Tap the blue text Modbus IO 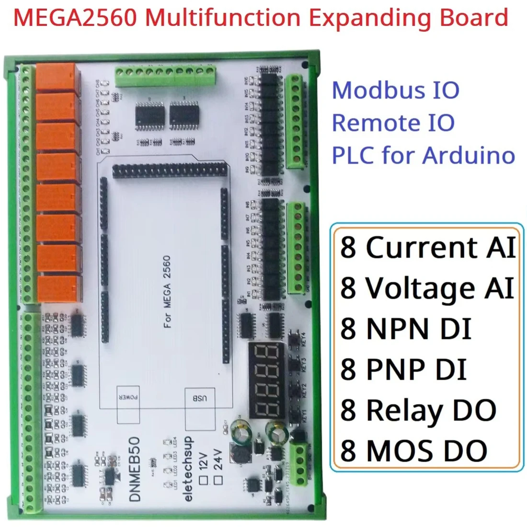[x=395, y=90]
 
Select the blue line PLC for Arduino [x=423, y=155]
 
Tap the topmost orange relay [x=57, y=78]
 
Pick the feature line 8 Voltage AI [x=426, y=288]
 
